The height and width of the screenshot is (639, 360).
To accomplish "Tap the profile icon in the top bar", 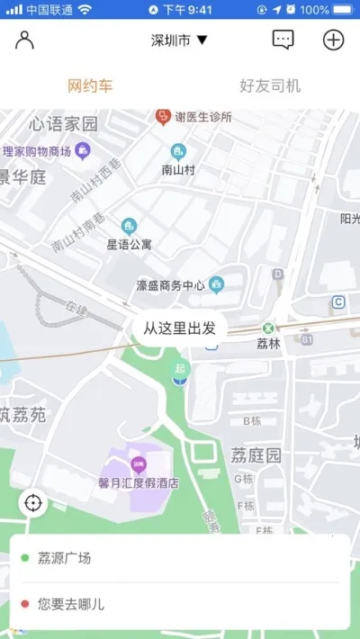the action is [x=25, y=40].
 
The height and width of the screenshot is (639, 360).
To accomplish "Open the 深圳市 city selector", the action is [x=179, y=40].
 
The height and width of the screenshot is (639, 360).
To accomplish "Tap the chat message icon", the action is [x=283, y=40].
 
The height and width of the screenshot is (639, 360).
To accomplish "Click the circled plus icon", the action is [x=333, y=40].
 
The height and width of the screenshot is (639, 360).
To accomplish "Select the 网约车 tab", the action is [x=90, y=86].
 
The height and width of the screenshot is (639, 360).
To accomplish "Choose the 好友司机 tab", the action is [x=270, y=86].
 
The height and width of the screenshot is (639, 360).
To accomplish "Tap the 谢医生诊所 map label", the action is [x=202, y=117].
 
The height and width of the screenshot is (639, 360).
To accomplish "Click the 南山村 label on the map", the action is [x=178, y=168].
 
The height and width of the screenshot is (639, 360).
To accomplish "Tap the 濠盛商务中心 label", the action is [x=171, y=286].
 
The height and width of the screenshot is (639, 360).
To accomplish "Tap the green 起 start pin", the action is [x=181, y=369].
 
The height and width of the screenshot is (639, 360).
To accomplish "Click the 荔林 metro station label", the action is [x=268, y=343].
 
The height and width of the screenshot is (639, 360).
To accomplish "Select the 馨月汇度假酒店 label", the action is [x=139, y=482].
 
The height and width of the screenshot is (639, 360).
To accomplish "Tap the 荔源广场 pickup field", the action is [x=180, y=559].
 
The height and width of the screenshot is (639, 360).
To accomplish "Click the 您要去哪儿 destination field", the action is [x=180, y=605].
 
